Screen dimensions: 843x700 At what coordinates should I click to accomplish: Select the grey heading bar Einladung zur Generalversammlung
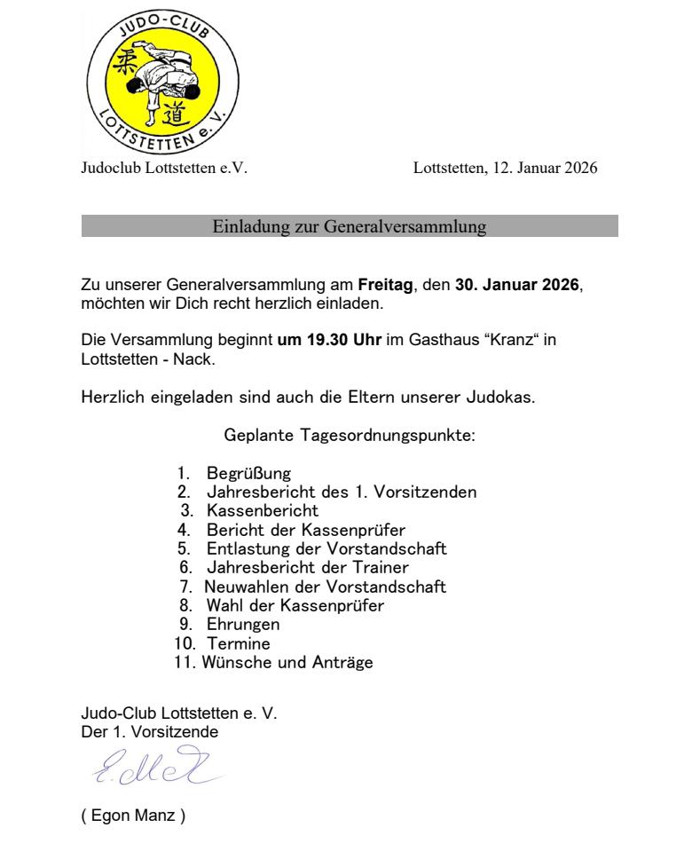point(350,227)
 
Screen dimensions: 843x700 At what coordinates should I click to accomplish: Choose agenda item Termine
point(239,643)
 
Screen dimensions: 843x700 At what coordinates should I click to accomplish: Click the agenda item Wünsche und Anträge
point(287,662)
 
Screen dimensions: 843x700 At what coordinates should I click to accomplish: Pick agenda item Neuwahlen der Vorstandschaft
point(326,587)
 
